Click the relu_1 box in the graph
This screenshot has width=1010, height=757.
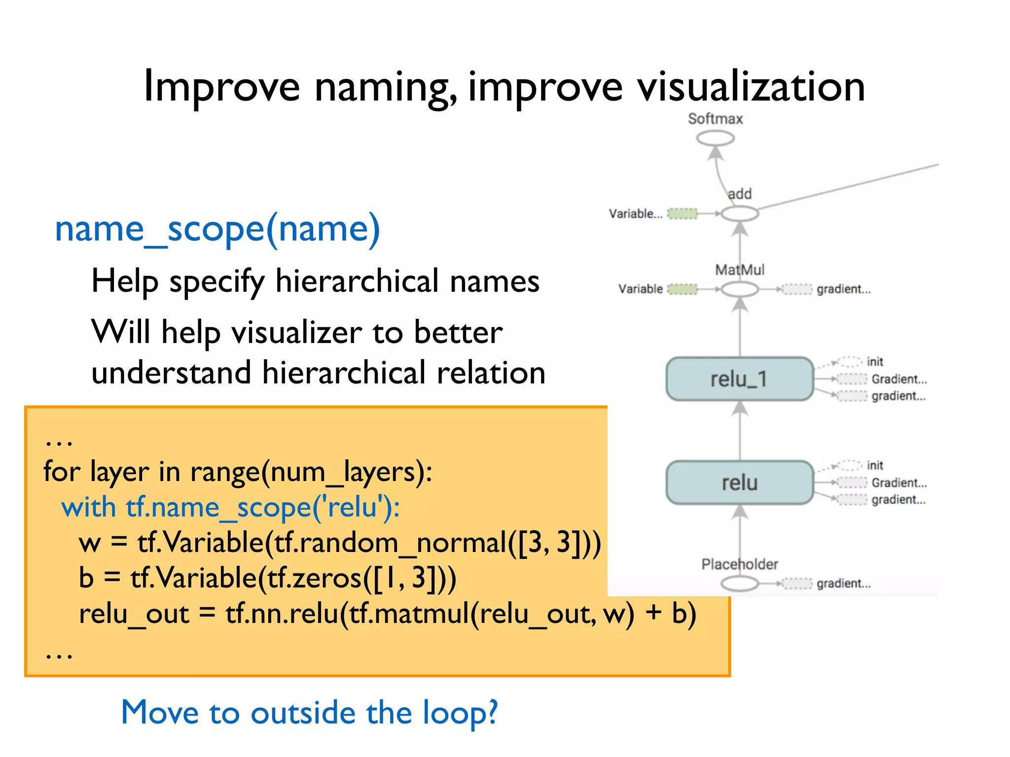coord(739,379)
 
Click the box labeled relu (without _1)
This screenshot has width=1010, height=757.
coord(739,482)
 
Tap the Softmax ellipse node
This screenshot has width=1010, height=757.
coord(715,138)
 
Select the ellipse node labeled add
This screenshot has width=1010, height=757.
coord(739,214)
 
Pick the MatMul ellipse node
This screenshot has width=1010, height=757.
coord(739,289)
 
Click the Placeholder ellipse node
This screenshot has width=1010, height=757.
coord(739,584)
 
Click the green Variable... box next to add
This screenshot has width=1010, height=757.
coord(683,214)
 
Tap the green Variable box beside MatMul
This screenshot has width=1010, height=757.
coord(683,289)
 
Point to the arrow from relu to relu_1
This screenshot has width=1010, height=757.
coord(739,431)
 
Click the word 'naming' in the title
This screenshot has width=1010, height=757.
coord(386,88)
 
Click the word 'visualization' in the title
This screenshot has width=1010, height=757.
coord(751,88)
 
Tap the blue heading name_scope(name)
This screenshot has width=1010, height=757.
coord(217,230)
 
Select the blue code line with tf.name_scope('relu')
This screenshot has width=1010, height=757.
coord(230,508)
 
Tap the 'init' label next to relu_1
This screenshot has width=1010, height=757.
coord(875,362)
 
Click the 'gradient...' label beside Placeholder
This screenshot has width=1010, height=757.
coord(843,584)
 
